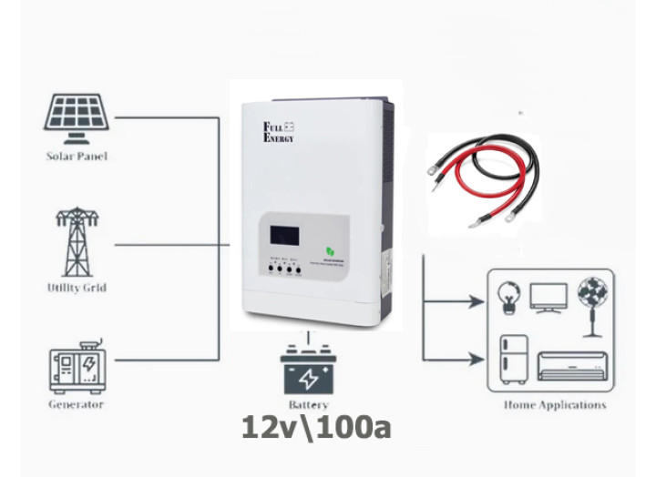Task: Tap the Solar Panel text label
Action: pyautogui.click(x=77, y=157)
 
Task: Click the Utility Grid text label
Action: pyautogui.click(x=77, y=288)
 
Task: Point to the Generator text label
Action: pyautogui.click(x=77, y=404)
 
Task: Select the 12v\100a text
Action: pyautogui.click(x=316, y=428)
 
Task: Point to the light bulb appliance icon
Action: pyautogui.click(x=507, y=297)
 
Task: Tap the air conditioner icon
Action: pyautogui.click(x=570, y=366)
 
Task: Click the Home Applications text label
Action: pyautogui.click(x=554, y=405)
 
